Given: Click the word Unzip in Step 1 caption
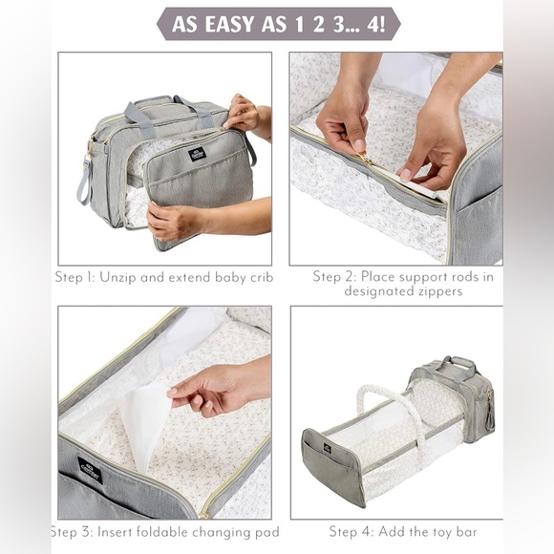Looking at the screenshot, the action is click(x=117, y=278).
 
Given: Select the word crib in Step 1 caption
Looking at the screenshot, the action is click(x=262, y=277).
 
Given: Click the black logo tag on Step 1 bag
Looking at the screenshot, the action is click(x=197, y=155).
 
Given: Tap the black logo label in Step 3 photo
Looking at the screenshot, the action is click(x=90, y=470).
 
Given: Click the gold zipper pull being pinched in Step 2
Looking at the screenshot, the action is click(x=366, y=159).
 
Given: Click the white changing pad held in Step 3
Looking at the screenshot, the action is click(x=143, y=425).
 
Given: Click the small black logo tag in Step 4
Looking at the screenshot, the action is click(x=327, y=448).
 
